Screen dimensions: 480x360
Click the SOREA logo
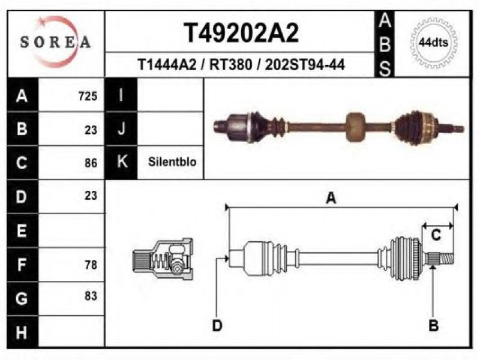click(x=55, y=42)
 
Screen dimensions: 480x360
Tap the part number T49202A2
click(x=241, y=33)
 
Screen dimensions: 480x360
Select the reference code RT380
click(x=230, y=65)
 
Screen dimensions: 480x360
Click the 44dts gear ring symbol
click(x=433, y=43)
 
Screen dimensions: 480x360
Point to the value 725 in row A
click(x=88, y=96)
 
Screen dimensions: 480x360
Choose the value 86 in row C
click(x=91, y=163)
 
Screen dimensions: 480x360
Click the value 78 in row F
click(x=91, y=265)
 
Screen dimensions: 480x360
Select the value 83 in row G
click(x=91, y=296)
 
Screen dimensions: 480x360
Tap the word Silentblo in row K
click(x=172, y=161)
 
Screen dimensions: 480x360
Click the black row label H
click(x=23, y=332)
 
